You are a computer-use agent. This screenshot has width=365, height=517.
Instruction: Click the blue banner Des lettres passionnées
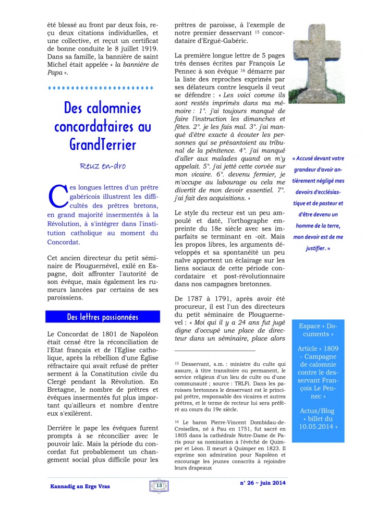(102, 317)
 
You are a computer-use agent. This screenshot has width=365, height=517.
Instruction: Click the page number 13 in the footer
(159, 486)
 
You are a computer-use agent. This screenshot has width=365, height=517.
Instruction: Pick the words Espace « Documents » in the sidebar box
(317, 330)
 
